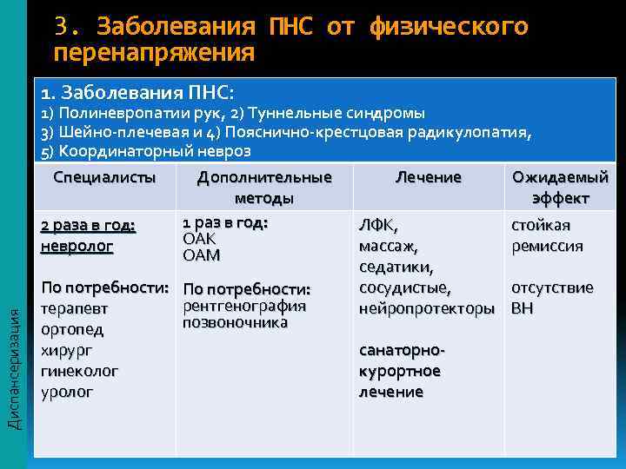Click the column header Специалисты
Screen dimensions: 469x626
(104, 178)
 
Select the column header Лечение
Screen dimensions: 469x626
(429, 178)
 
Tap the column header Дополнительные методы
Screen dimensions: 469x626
(264, 188)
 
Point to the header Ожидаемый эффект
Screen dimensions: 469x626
(560, 188)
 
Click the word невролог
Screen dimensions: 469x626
(77, 246)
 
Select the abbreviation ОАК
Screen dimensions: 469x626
(198, 239)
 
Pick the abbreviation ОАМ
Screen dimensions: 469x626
(201, 255)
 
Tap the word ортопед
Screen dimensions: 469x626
(72, 329)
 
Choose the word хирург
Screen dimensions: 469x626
(67, 350)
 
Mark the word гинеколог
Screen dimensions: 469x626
(79, 371)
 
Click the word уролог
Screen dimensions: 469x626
(65, 392)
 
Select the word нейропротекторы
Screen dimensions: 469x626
(426, 308)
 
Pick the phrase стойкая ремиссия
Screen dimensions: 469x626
(547, 235)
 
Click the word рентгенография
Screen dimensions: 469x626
(244, 306)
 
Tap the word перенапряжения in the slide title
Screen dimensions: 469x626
(154, 53)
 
